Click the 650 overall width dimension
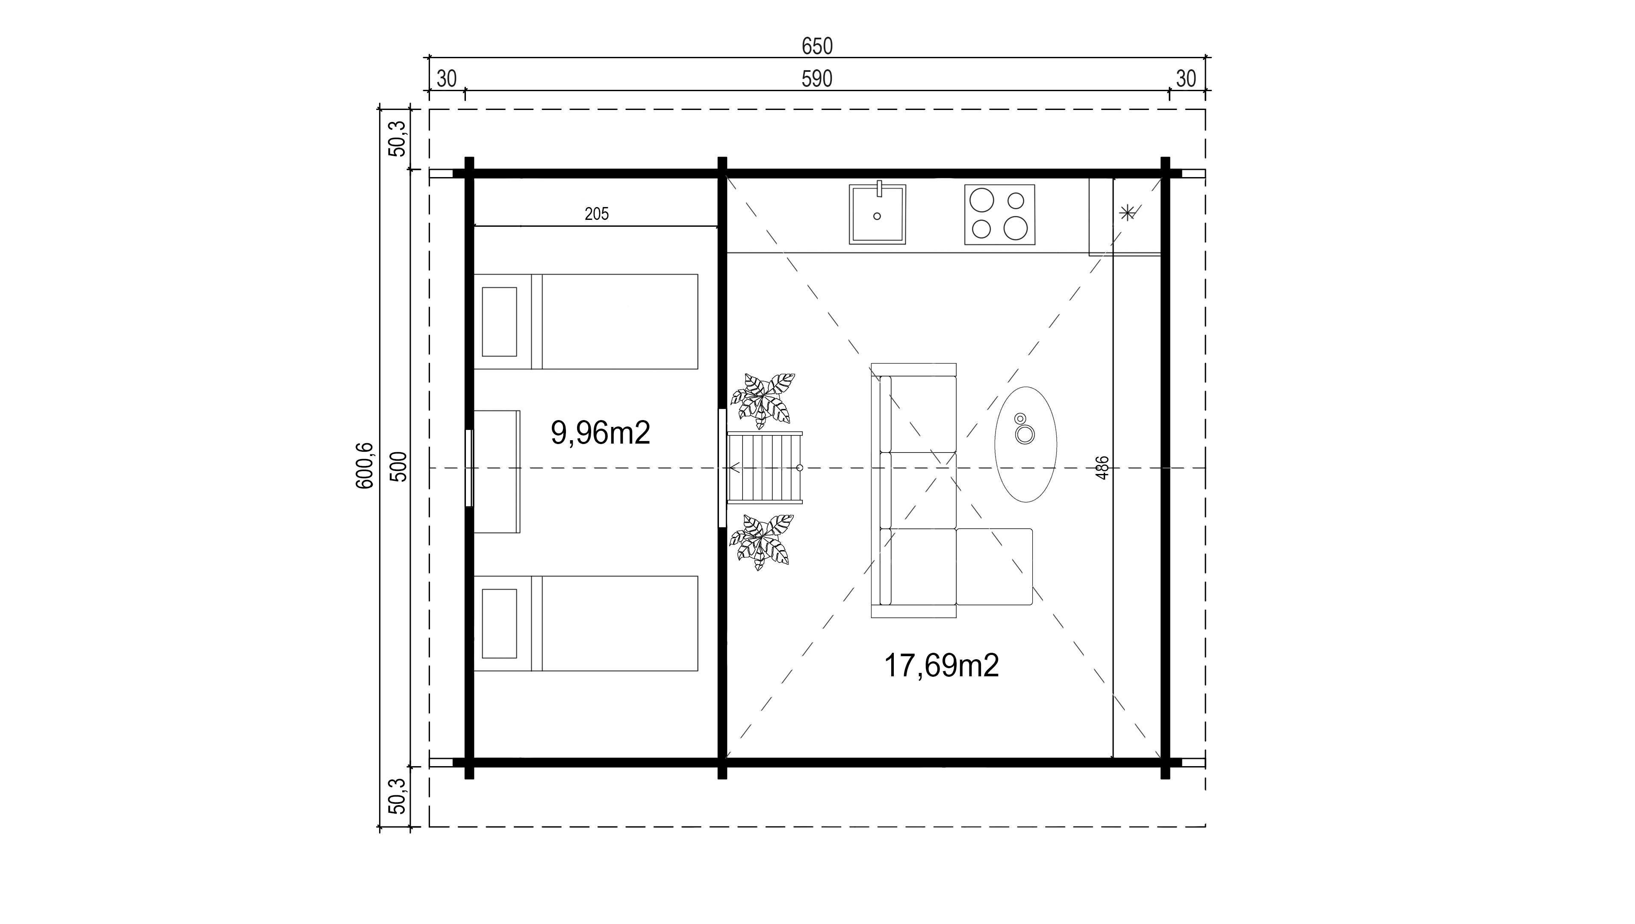click(817, 46)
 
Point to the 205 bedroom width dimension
click(597, 214)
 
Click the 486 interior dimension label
click(1102, 468)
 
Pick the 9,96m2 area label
click(601, 433)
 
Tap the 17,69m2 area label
click(941, 666)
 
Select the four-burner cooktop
click(999, 215)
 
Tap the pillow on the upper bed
click(500, 321)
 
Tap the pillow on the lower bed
click(500, 623)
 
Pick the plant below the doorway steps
click(762, 542)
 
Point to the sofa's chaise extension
click(994, 566)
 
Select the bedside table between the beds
click(497, 471)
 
